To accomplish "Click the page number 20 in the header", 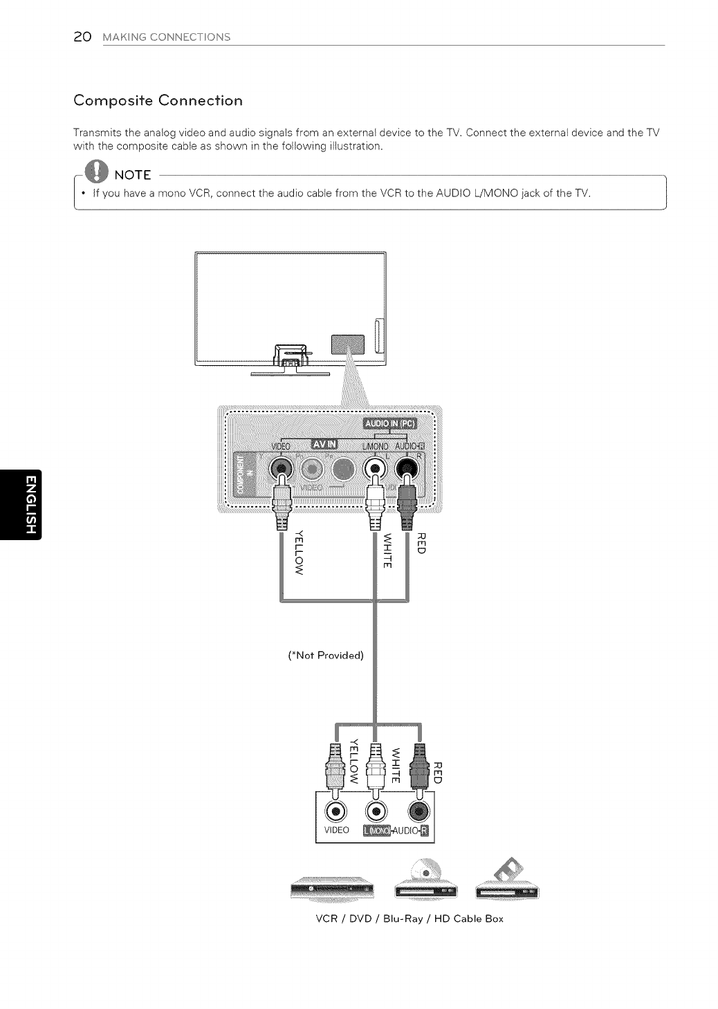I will tap(82, 37).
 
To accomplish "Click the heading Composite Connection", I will tap(158, 100).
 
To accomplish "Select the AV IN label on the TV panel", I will tap(324, 443).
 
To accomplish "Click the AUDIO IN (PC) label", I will tap(392, 424).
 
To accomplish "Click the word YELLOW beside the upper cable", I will tap(299, 551).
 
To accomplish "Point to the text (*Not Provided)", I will tap(326, 655).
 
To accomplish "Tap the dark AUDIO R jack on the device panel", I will tap(417, 810).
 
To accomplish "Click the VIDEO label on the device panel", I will tap(336, 830).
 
